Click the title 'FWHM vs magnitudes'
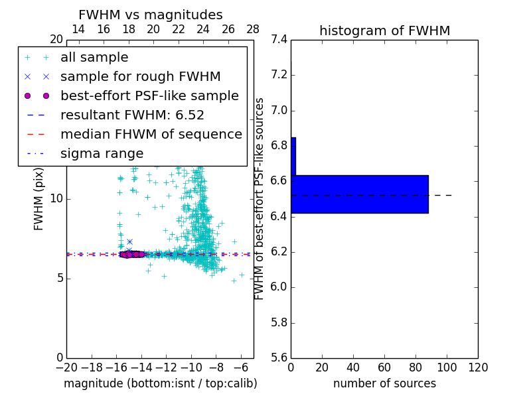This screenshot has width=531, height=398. coord(151,15)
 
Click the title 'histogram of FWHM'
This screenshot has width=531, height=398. coord(384,31)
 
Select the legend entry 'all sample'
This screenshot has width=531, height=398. coord(94,58)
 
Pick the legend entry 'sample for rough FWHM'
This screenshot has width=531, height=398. coord(140,77)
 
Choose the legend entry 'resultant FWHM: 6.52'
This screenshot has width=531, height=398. coord(132,115)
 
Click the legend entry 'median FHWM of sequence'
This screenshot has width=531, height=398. coord(151,135)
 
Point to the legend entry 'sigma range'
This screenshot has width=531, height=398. coord(102,154)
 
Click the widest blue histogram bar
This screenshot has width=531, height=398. coord(359,194)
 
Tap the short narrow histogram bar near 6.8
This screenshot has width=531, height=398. coord(293,156)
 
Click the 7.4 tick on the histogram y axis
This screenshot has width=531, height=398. coord(279,40)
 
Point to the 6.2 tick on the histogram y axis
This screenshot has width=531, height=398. coord(279,252)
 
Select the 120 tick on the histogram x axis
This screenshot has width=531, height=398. coord(478,367)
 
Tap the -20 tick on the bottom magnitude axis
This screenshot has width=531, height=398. coord(66,367)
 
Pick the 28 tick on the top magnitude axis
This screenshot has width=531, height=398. coord(253,29)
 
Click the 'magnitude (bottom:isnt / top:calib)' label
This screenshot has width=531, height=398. coord(160,383)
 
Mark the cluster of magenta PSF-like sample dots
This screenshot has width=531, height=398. coord(132,254)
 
